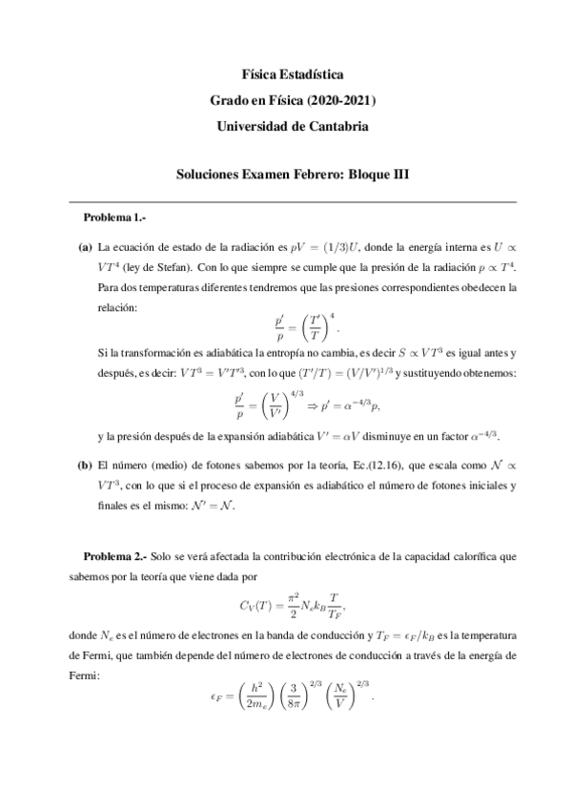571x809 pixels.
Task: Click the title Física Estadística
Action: [x=285, y=74]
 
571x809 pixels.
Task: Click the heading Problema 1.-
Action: [x=115, y=218]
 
